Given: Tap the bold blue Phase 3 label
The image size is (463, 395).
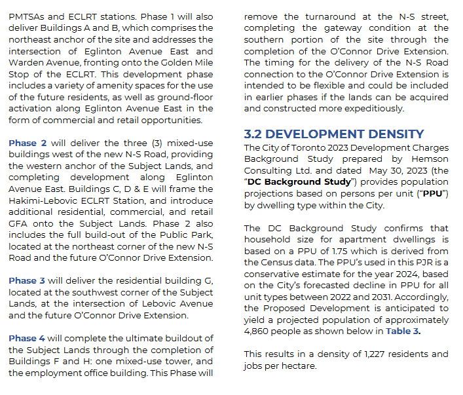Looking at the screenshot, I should [x=27, y=280].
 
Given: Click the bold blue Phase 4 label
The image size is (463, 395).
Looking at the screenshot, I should [x=27, y=338].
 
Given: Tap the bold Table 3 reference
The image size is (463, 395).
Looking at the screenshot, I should [x=403, y=331].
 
